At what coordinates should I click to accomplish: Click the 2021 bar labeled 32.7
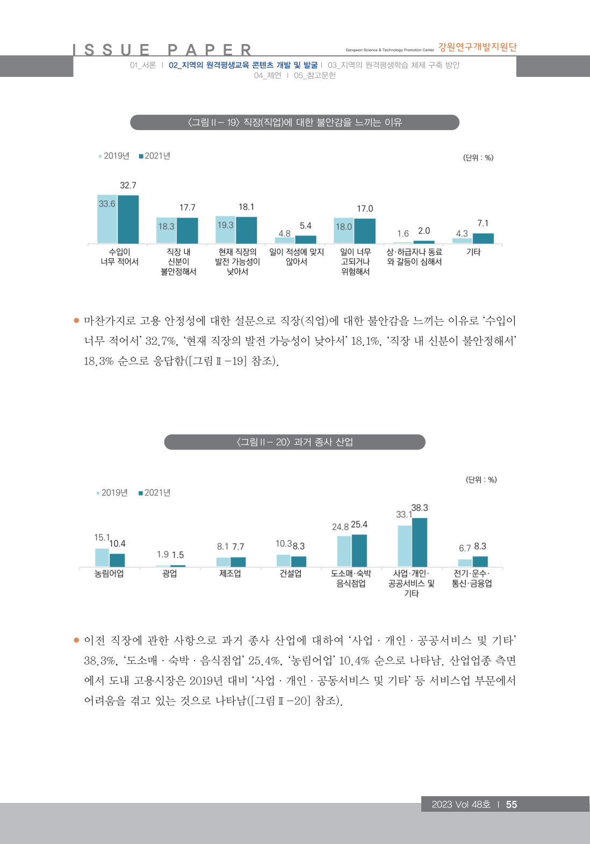tap(128, 219)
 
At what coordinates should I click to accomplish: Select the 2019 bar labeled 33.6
tap(107, 219)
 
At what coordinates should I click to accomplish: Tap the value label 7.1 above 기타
tap(483, 223)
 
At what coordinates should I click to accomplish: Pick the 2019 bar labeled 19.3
tap(226, 230)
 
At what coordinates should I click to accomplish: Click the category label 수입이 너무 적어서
tap(119, 257)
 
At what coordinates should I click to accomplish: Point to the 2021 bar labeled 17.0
tap(365, 231)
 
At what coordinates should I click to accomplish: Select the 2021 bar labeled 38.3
tap(420, 542)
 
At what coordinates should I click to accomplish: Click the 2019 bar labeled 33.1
tap(405, 546)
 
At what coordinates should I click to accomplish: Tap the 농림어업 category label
tap(109, 574)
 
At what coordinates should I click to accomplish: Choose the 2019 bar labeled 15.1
tap(102, 557)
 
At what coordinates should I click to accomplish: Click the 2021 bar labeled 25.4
tap(359, 550)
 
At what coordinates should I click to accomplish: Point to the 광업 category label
tap(170, 574)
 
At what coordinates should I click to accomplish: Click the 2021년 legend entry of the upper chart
tap(155, 156)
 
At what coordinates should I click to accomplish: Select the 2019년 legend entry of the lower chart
tap(112, 493)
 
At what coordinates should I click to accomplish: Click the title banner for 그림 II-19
tap(294, 123)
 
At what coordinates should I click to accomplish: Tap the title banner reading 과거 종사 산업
tap(294, 442)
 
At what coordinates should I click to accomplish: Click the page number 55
tap(512, 804)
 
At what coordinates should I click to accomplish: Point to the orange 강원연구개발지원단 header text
tap(477, 47)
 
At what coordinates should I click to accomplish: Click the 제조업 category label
tap(230, 574)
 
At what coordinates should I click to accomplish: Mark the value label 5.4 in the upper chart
tap(305, 226)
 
